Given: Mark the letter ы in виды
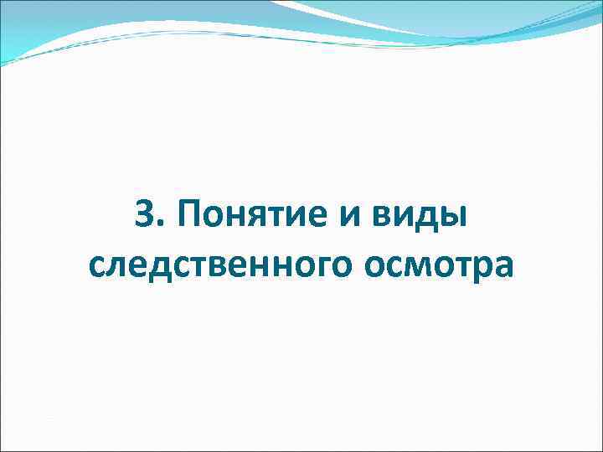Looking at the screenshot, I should (451, 222).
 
